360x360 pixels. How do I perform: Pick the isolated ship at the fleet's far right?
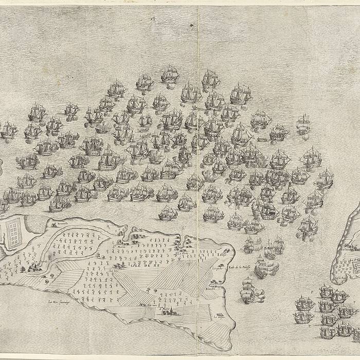click(303, 124)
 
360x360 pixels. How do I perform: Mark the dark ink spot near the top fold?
click(191, 25)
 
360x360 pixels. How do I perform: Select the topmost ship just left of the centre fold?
click(170, 75)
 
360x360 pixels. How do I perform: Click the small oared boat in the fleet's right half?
click(261, 138)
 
